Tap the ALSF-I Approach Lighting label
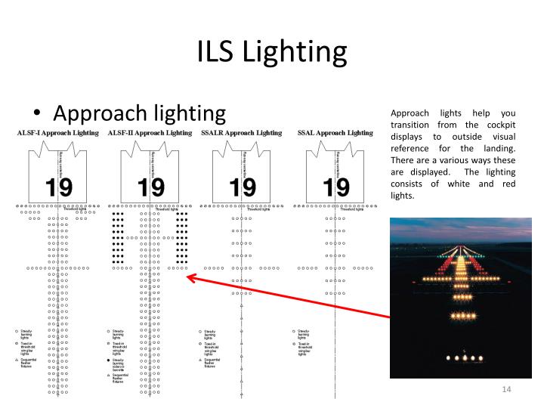pyautogui.click(x=57, y=133)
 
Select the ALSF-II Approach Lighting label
pyautogui.click(x=150, y=133)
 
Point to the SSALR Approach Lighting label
pyautogui.click(x=241, y=133)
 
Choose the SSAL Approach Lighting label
pyautogui.click(x=335, y=133)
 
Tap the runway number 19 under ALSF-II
pyautogui.click(x=150, y=186)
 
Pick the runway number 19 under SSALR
pyautogui.click(x=243, y=186)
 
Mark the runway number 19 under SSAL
pyautogui.click(x=335, y=186)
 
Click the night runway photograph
pyautogui.click(x=460, y=297)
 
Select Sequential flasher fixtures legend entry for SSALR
pyautogui.click(x=216, y=364)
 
